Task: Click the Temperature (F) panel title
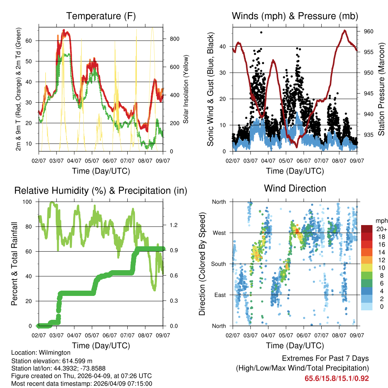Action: tap(101, 16)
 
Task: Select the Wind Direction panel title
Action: tap(295, 188)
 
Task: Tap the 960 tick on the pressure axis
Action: tap(369, 31)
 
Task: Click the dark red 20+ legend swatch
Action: tap(367, 229)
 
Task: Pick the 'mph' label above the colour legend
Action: tap(380, 221)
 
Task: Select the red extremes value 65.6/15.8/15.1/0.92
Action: tap(336, 379)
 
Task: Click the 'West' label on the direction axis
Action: tap(219, 233)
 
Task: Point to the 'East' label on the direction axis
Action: tap(219, 295)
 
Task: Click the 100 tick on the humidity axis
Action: tap(28, 202)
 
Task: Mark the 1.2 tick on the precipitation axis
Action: tap(171, 225)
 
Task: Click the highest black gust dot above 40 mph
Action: tap(261, 33)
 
